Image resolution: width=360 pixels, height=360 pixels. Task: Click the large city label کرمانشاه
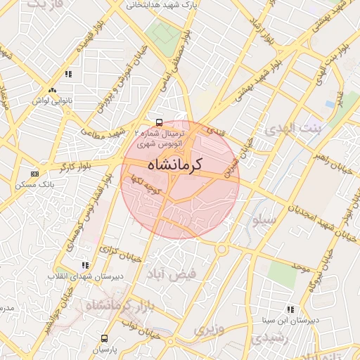pos(175,165)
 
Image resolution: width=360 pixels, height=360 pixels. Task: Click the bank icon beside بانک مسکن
pos(34,174)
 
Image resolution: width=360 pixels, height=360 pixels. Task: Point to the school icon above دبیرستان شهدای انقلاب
pos(86,265)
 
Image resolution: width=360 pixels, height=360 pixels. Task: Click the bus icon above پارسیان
pos(105,338)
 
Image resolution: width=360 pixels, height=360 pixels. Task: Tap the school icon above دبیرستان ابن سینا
pos(291,309)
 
